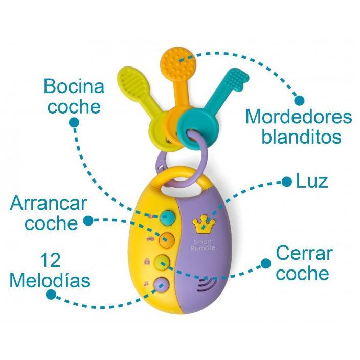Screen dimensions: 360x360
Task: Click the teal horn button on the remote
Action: click(167, 217)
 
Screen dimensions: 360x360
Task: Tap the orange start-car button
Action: click(167, 240)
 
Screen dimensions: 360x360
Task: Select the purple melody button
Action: click(162, 285)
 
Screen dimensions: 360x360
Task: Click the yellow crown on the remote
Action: click(204, 224)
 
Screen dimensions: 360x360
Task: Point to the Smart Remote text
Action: click(203, 245)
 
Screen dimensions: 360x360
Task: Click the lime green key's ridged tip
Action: click(134, 81)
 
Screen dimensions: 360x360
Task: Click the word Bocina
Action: click(74, 86)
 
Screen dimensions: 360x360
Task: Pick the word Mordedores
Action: click(299, 117)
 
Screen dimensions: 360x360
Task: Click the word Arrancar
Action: click(49, 204)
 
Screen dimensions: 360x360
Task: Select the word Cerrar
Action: click(304, 254)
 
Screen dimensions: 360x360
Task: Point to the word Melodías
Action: click(50, 281)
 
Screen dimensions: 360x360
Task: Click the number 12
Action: click(50, 260)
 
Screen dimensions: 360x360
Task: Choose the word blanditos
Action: click(302, 137)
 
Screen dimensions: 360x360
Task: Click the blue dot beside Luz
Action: click(286, 182)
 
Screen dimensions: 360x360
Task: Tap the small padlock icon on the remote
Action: click(147, 261)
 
